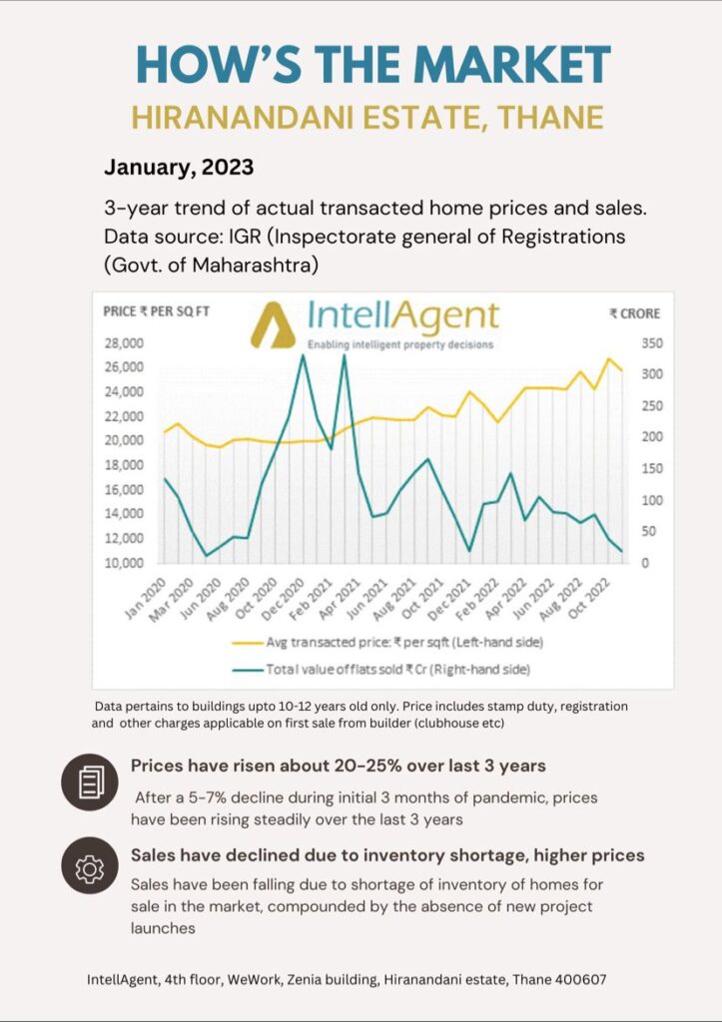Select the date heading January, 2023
pyautogui.click(x=179, y=167)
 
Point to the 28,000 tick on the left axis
pyautogui.click(x=124, y=342)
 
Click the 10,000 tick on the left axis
pyautogui.click(x=124, y=563)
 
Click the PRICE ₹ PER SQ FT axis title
pyautogui.click(x=156, y=312)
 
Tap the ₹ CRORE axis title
pyautogui.click(x=635, y=313)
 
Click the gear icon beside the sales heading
pyautogui.click(x=90, y=867)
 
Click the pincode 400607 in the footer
pyautogui.click(x=575, y=980)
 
